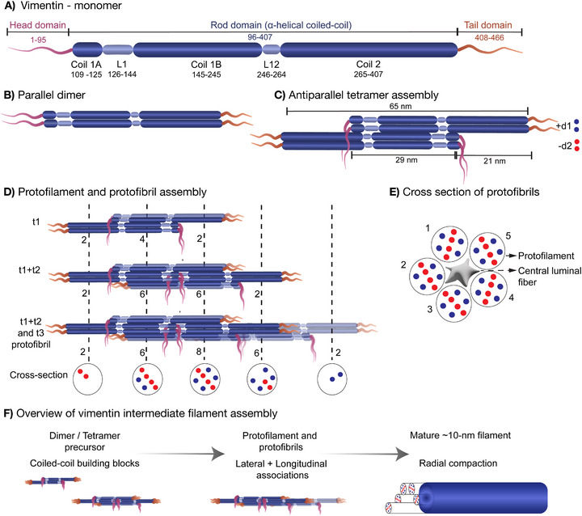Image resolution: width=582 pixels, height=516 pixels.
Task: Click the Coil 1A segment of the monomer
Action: pos(87,49)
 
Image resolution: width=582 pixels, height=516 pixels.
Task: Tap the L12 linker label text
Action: pos(272,64)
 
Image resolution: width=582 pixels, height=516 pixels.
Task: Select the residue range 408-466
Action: pos(489,37)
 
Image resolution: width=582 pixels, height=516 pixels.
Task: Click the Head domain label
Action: pos(37,25)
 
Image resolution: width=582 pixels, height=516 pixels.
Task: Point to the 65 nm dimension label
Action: pos(400,106)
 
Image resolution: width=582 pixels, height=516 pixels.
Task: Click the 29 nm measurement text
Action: pos(406,160)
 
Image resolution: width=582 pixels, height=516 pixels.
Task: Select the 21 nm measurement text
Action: pos(495,161)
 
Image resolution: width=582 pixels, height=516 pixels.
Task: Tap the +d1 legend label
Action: pos(563,126)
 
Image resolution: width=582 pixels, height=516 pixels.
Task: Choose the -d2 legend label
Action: pos(564,146)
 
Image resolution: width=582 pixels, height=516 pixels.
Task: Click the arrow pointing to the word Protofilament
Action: pos(511,256)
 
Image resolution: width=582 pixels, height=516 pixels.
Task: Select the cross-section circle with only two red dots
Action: pos(87,379)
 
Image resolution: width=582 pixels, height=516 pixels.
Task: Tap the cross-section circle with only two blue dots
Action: pos(332,379)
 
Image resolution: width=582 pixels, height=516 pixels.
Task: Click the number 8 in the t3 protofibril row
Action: pos(199,352)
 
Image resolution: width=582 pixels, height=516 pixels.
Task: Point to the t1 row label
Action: pos(36,222)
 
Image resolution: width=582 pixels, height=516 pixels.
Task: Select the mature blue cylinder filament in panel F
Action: pos(483,497)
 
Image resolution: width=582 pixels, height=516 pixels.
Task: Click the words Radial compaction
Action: pos(458,463)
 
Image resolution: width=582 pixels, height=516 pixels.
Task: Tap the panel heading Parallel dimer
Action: pos(51,95)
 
